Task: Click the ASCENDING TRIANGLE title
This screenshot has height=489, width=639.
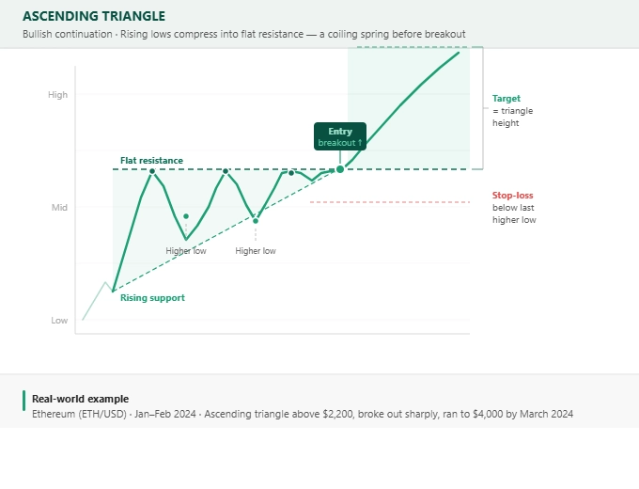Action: tap(93, 16)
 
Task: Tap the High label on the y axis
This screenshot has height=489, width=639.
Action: tap(58, 95)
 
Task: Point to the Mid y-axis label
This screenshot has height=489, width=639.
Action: tap(59, 207)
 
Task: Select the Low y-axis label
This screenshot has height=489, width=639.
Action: tap(59, 321)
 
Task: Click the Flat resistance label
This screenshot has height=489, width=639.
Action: tap(151, 161)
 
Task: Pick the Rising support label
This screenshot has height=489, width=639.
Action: tap(152, 298)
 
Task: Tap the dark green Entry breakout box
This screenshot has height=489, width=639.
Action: tap(339, 136)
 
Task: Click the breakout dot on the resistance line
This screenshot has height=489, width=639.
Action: tap(340, 169)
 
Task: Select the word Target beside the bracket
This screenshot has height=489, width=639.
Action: tap(506, 98)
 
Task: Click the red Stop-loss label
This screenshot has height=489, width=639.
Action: tap(512, 196)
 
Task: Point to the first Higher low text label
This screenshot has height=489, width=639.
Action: tap(186, 251)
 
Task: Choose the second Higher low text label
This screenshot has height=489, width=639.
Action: tap(256, 251)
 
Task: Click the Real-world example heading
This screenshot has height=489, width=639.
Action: tap(80, 399)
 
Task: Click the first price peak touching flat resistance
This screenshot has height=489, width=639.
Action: tap(152, 170)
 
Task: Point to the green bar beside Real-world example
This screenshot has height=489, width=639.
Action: tap(24, 400)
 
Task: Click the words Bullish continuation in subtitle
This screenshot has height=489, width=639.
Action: tap(65, 34)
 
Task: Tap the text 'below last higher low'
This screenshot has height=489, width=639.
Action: tap(514, 213)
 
